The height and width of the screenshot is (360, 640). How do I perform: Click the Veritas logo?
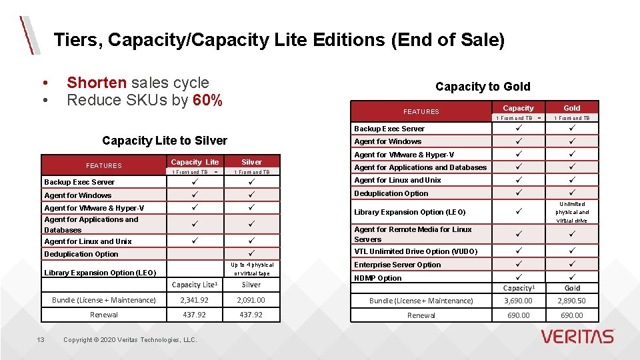coord(577,336)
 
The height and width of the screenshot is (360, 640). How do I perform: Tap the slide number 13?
coord(41,340)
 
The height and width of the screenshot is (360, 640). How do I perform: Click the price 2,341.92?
coord(194,300)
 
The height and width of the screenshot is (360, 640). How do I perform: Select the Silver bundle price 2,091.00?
coord(251,300)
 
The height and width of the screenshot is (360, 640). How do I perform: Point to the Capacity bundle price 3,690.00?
coord(518,301)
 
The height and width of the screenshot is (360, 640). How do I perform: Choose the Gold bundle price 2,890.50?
coord(572,301)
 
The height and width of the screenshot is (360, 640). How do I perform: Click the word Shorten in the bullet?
coord(97,83)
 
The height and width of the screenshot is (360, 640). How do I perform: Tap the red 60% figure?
coord(207,101)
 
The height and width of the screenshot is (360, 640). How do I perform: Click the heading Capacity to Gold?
coord(483,87)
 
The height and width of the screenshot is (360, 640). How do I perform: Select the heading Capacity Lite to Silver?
coord(165,141)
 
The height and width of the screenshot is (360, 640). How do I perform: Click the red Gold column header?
coord(572,108)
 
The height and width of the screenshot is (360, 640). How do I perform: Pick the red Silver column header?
coord(251,162)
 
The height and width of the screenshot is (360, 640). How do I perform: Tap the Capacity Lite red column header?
coord(195,162)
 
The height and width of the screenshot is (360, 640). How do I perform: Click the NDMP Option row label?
coord(378,278)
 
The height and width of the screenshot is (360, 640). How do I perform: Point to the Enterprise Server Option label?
coord(397,265)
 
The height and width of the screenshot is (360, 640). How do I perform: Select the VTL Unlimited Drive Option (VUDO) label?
coord(415,251)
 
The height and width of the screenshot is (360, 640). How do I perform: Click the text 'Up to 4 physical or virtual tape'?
coord(251,269)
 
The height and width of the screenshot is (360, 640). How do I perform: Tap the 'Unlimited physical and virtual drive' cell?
coord(572,212)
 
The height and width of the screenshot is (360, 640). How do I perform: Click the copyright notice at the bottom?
coord(130,340)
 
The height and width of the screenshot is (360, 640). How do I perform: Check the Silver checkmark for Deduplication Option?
coord(251,254)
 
